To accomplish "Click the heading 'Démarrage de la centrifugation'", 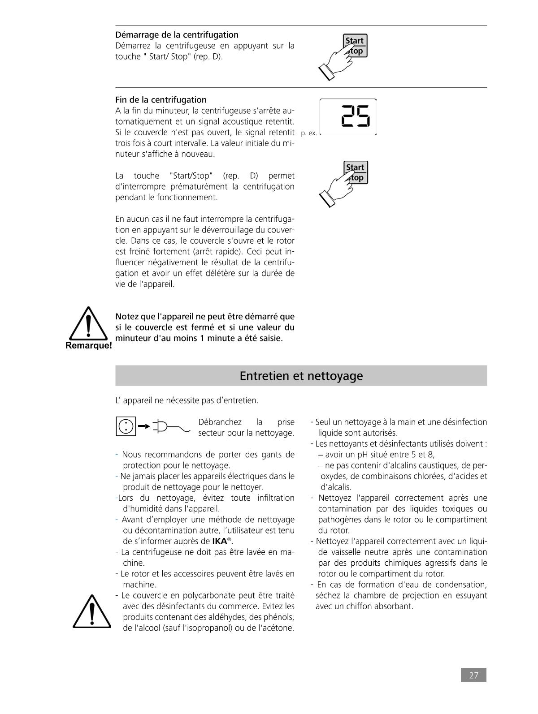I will click(177, 34).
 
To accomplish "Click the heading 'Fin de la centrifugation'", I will click(161, 99).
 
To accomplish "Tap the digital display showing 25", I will click(348, 116).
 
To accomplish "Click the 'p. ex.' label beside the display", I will click(309, 133).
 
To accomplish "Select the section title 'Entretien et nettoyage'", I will click(301, 375).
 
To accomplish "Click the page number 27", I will click(473, 675).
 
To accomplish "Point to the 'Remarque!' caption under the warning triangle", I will click(89, 346).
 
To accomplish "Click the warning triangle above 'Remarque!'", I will click(89, 323).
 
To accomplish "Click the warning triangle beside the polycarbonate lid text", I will click(92, 612).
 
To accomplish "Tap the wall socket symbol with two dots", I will click(126, 426).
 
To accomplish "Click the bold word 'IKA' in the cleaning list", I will click(219, 541).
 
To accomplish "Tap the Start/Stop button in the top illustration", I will click(355, 45).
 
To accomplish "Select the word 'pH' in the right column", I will click(366, 455).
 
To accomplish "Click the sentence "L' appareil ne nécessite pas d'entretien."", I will click(187, 400).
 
